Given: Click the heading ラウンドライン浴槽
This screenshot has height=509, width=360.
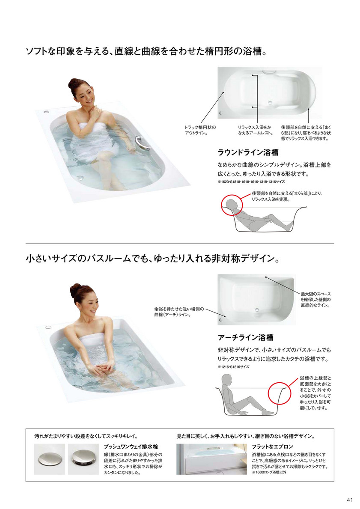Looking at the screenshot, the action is tap(248, 152).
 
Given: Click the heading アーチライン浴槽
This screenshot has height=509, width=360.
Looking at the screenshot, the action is tap(245, 338).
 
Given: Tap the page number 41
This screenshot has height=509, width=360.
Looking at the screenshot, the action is tap(349, 500).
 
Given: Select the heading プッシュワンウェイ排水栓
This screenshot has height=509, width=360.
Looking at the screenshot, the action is tap(131, 447).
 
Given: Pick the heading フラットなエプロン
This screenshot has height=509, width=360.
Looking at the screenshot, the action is tap(272, 447).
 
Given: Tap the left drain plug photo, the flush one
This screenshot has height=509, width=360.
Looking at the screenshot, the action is tap(50, 458).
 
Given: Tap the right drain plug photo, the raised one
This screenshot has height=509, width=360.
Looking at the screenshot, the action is tap(83, 458).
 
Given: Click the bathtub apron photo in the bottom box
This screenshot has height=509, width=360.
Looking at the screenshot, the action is tap(211, 459).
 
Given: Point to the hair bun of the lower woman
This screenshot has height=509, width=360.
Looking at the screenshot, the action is tap(75, 290).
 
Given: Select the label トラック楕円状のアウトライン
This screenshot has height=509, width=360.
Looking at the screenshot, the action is tap(200, 130).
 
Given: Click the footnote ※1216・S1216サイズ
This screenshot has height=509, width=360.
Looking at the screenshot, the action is tap(233, 367).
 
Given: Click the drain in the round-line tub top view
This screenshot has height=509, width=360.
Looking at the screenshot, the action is tap(269, 103).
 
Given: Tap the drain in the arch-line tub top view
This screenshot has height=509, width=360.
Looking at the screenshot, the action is tap(257, 310).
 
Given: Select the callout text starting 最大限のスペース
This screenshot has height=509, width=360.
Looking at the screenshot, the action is tap(315, 300).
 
